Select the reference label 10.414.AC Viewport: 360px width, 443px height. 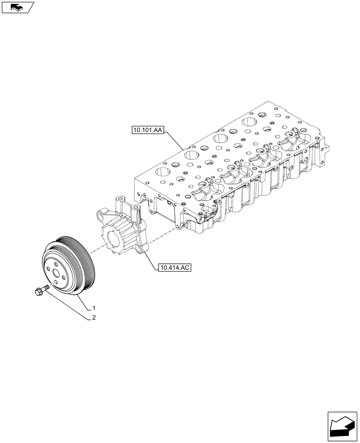[x=173, y=268]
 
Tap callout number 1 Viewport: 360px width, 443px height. [x=94, y=307]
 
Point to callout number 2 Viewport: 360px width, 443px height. [x=94, y=318]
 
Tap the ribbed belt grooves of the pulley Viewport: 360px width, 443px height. [x=84, y=261]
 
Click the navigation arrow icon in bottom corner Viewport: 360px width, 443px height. [x=342, y=425]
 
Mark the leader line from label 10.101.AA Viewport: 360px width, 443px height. [x=173, y=140]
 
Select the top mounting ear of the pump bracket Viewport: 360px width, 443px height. [x=120, y=202]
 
